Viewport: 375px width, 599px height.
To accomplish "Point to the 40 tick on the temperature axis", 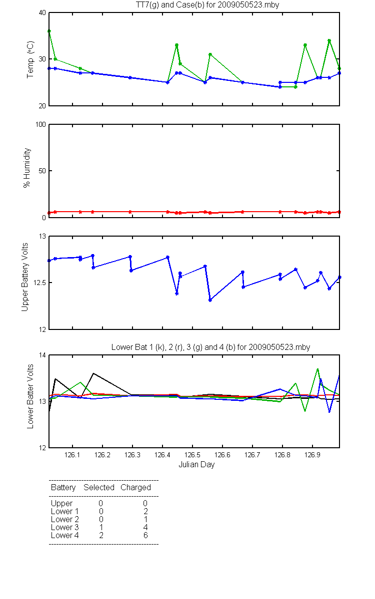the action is [x=42, y=13].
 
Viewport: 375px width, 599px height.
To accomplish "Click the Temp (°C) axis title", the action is [x=30, y=59].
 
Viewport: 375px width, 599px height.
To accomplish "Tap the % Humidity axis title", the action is [x=27, y=168].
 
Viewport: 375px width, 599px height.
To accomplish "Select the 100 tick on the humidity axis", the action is [x=40, y=124].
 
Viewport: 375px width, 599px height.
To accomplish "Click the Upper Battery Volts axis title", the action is [x=24, y=277].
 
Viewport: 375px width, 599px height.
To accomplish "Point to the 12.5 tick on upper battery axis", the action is [x=39, y=283].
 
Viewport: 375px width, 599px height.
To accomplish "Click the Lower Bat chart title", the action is [x=210, y=347].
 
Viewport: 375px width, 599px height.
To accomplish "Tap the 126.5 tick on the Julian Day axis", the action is [x=192, y=455].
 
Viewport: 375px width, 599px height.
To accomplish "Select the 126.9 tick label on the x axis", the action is [x=312, y=455].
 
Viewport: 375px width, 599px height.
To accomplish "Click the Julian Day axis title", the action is [x=196, y=465].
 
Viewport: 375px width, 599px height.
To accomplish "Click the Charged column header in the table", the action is [x=135, y=488].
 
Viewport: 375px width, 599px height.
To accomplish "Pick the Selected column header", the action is [x=99, y=487].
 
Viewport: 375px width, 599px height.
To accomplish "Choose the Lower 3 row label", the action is [x=65, y=527].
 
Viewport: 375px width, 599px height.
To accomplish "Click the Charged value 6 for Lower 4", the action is [x=145, y=535].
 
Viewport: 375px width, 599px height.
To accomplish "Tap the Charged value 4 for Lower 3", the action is [x=145, y=527].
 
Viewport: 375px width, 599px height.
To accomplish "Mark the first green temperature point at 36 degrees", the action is [x=49, y=31].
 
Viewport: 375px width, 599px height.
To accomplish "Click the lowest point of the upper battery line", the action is [x=210, y=300].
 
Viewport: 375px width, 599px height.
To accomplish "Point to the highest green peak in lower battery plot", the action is [x=317, y=369].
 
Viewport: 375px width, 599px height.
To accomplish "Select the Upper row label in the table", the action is [x=61, y=504].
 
